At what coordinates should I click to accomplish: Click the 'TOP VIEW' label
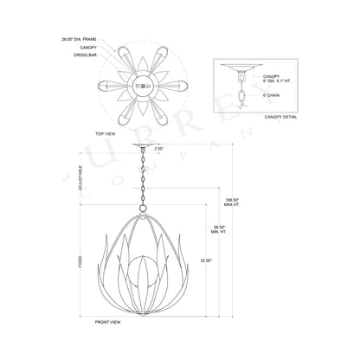[x=106, y=134]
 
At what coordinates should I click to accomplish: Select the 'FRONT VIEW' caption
[x=107, y=322]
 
